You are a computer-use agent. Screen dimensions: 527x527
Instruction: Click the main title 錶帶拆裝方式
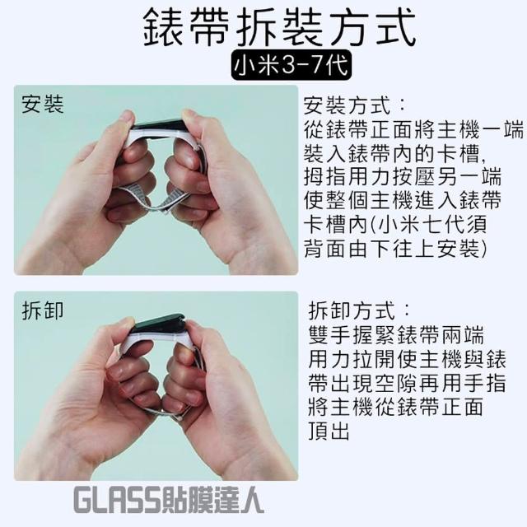point(280,28)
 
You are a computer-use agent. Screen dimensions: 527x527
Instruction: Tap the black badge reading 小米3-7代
point(291,65)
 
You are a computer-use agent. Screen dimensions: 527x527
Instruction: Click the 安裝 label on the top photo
point(43,104)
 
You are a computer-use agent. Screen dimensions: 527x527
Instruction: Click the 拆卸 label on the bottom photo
point(43,310)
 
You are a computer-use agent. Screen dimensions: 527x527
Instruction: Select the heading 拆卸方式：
point(359,310)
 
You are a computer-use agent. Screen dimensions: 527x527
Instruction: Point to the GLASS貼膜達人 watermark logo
point(168,500)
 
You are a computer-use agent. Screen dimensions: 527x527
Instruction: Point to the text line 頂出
point(329,431)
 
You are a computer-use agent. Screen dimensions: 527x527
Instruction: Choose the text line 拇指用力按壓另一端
point(403,177)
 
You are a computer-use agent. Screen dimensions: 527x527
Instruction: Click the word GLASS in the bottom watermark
point(116,500)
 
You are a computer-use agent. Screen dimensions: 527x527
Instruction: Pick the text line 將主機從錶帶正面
point(396,407)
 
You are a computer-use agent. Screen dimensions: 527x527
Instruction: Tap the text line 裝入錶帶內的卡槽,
point(394,154)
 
